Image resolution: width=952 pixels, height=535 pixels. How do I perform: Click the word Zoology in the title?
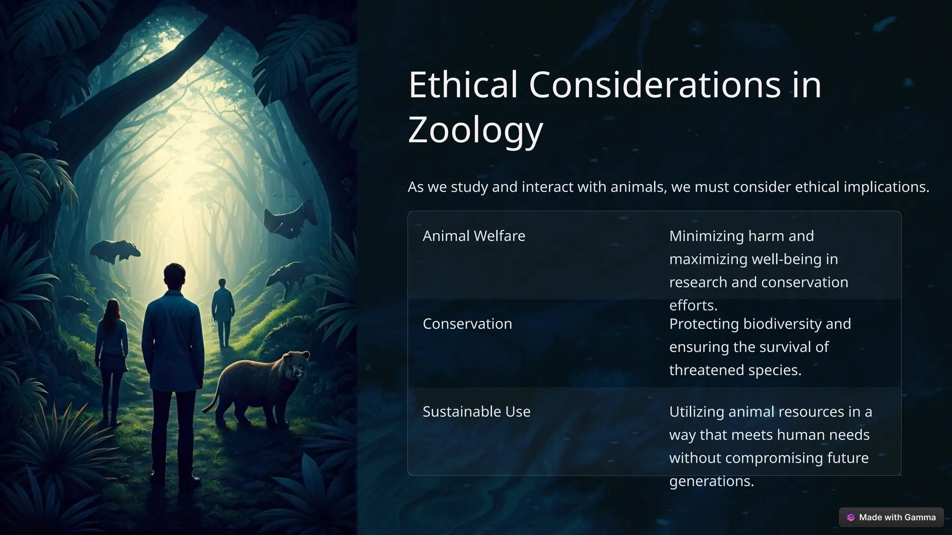(475, 130)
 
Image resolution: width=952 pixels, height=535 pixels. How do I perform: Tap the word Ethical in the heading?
(463, 85)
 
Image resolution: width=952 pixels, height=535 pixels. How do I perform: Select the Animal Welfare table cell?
(474, 236)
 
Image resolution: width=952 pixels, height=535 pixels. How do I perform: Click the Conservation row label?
(467, 324)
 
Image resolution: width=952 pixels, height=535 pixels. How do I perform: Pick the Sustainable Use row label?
(476, 411)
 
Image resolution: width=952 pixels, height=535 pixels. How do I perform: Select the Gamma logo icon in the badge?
(851, 517)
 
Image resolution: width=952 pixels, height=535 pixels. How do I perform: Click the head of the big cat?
(295, 364)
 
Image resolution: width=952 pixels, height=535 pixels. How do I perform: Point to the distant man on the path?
(223, 309)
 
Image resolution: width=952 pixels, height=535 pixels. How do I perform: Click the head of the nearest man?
(174, 276)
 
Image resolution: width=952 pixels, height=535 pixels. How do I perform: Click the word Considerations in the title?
(654, 85)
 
